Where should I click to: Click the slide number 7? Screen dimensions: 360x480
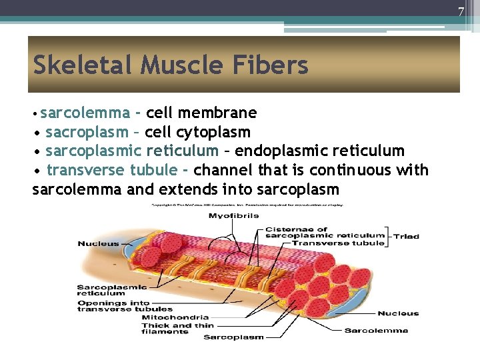(461, 12)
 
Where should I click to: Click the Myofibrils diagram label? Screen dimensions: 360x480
(234, 215)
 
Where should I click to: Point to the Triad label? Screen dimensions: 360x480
(406, 236)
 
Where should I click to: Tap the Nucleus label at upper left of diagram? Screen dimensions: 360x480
(98, 243)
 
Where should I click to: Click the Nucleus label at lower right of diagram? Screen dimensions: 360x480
(398, 313)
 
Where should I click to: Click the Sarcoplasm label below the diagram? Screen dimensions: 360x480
(233, 337)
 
